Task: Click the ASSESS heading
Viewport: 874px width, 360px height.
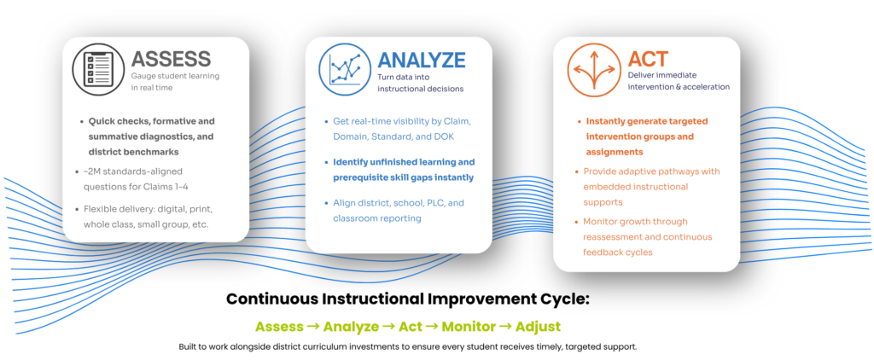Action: (x=171, y=59)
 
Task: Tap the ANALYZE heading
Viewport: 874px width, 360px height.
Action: (x=421, y=60)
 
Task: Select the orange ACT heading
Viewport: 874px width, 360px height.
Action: (x=648, y=59)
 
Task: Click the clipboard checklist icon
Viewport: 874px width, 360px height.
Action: (x=99, y=69)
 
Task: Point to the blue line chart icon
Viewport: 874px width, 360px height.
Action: (x=345, y=70)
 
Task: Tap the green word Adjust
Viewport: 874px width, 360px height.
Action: (x=538, y=327)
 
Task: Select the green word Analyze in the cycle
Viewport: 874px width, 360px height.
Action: (x=351, y=327)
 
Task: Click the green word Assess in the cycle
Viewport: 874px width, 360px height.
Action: (x=279, y=326)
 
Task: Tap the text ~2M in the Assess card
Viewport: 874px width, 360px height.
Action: (x=92, y=171)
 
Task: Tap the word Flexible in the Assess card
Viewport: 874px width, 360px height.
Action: (x=99, y=210)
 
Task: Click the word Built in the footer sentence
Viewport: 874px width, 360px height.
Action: (x=188, y=346)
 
